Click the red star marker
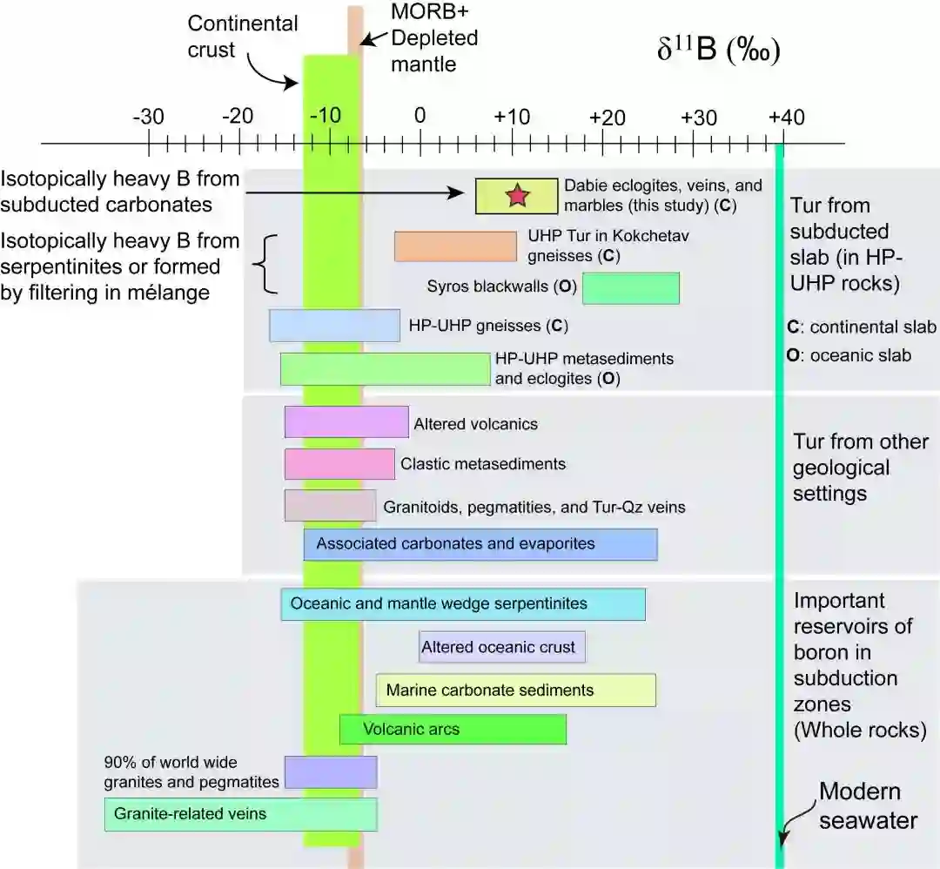(517, 196)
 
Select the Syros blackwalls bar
(631, 288)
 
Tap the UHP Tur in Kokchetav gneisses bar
(455, 246)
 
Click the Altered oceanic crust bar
(502, 647)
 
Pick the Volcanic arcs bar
(453, 729)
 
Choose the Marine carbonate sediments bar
(516, 690)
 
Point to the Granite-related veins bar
(241, 814)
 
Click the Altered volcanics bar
(346, 422)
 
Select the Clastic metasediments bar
(339, 463)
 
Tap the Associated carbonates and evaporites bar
(480, 544)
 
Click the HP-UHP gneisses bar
(335, 326)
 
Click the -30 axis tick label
(148, 117)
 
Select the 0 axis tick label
(420, 117)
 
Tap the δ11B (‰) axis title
(717, 50)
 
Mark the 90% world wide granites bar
(331, 772)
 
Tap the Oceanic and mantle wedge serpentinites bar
(463, 603)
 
